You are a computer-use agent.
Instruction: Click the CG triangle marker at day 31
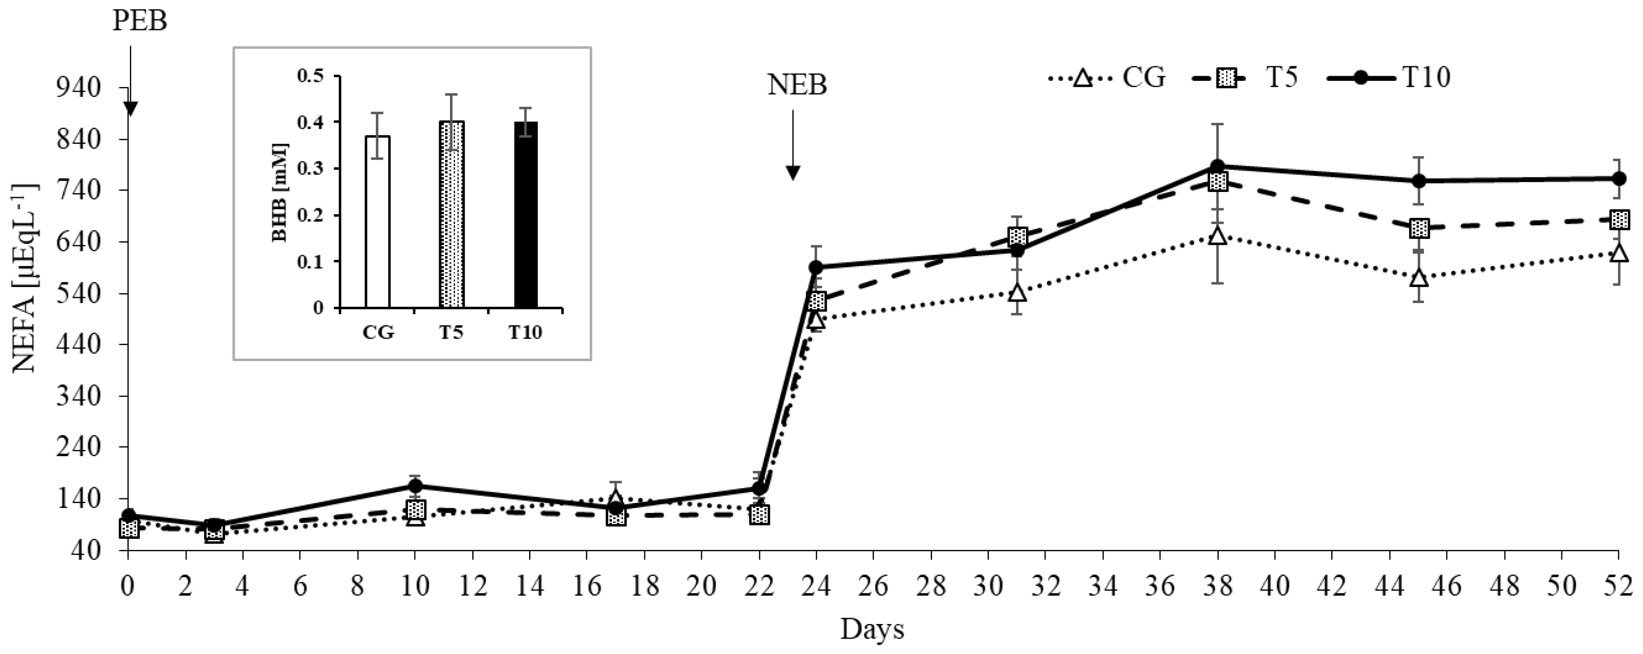point(1017,293)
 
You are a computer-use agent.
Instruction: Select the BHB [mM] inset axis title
point(281,192)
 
